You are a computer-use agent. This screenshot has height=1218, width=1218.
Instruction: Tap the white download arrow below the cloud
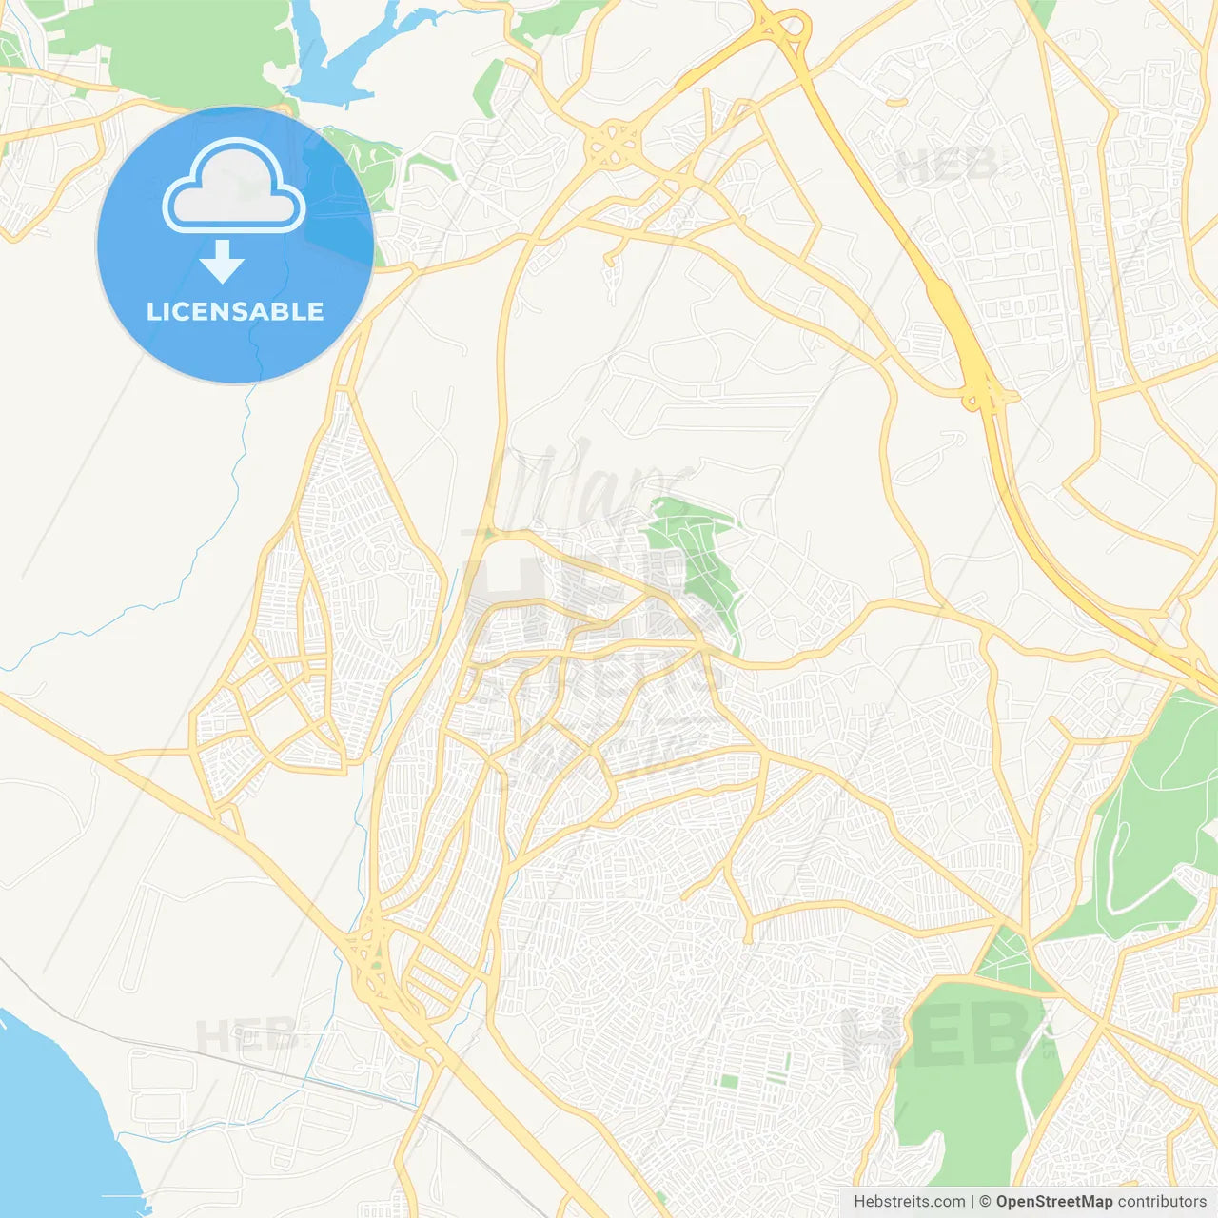[222, 262]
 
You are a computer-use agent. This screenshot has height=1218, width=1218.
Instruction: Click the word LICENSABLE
[235, 311]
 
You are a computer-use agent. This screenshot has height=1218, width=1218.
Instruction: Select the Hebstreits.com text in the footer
[909, 1202]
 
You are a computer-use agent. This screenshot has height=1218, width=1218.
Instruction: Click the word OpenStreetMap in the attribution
[1053, 1202]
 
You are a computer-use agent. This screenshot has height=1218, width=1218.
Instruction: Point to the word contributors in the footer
[1162, 1202]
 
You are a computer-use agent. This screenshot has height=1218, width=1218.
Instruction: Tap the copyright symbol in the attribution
[985, 1202]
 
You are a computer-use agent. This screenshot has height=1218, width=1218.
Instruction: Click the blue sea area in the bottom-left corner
[48, 1123]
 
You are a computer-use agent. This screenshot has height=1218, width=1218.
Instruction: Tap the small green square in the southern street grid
[729, 1081]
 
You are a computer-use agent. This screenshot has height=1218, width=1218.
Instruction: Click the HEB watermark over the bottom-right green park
[937, 1037]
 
